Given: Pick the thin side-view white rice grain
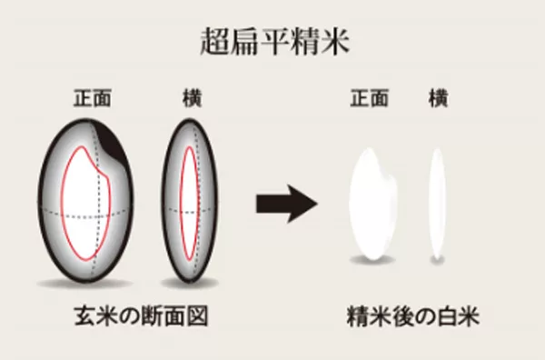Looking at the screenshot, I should [438, 200].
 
